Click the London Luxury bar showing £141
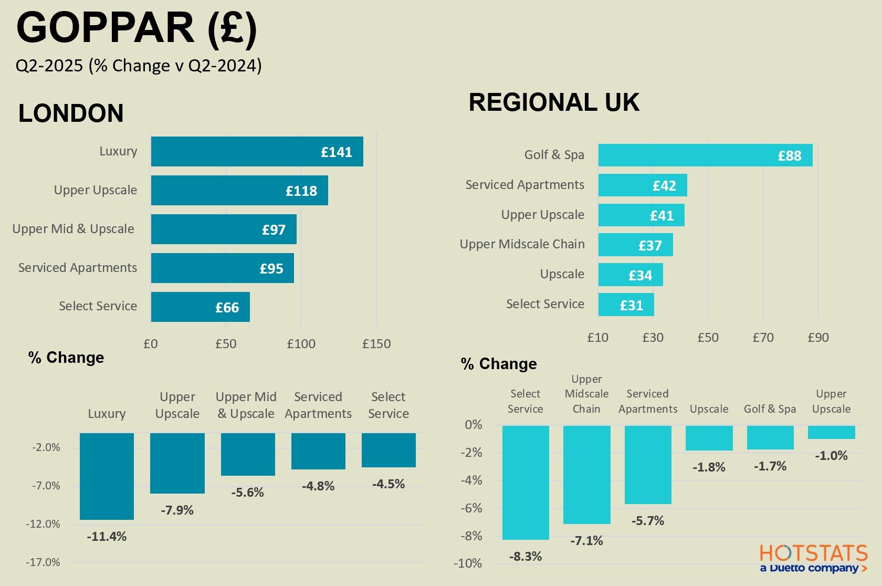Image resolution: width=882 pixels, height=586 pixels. coord(257,152)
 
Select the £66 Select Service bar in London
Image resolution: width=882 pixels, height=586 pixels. coord(200,307)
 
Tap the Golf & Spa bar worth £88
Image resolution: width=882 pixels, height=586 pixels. coord(705,155)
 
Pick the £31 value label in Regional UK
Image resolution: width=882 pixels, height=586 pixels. coord(631,306)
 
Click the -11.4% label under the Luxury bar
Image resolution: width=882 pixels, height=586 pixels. coord(107,537)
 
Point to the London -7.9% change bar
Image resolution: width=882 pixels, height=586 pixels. coord(177,463)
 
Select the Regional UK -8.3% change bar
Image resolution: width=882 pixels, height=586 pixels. coord(525,483)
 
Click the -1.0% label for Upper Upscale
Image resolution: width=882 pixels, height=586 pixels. coord(831,456)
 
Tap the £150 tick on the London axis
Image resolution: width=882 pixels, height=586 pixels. coord(376,344)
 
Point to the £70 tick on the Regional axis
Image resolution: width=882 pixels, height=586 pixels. coord(763,338)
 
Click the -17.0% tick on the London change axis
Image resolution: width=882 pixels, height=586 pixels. coord(43,562)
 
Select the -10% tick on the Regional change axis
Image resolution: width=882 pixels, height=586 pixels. coord(468,563)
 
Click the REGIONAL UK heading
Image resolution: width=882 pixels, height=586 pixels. coord(554,102)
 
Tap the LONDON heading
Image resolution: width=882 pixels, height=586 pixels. coord(71,113)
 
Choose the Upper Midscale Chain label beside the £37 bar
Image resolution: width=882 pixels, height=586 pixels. coord(522,244)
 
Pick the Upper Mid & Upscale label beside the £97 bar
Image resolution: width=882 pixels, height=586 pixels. coord(73,229)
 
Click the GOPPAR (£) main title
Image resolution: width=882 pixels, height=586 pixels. coord(136,28)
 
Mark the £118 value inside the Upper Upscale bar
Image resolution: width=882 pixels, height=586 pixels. coord(301,191)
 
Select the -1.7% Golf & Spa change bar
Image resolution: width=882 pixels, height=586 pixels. coord(770,437)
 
